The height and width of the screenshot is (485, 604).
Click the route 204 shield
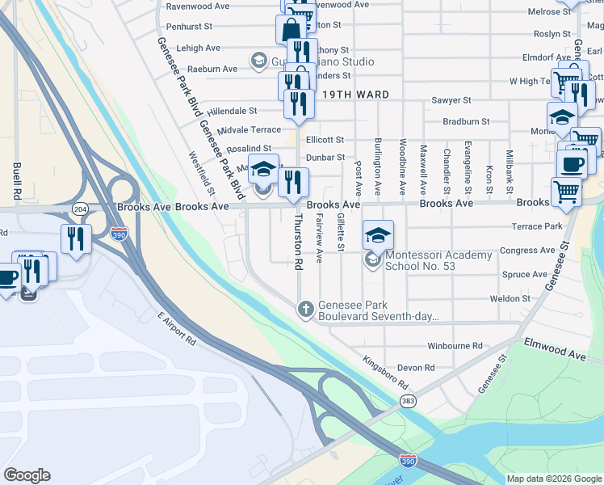tap(80, 209)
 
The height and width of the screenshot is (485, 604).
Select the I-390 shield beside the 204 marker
tap(119, 233)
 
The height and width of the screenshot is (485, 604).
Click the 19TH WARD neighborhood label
tap(356, 95)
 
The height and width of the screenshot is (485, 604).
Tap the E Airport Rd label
tap(177, 329)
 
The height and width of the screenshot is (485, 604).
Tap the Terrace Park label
tap(542, 226)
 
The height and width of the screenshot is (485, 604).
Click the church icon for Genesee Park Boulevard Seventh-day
tap(305, 308)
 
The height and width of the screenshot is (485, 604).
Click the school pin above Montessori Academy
tap(378, 235)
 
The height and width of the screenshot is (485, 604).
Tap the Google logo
tap(27, 475)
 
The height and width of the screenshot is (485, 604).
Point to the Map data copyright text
tap(554, 479)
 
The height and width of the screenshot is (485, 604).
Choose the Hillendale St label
tap(232, 111)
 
